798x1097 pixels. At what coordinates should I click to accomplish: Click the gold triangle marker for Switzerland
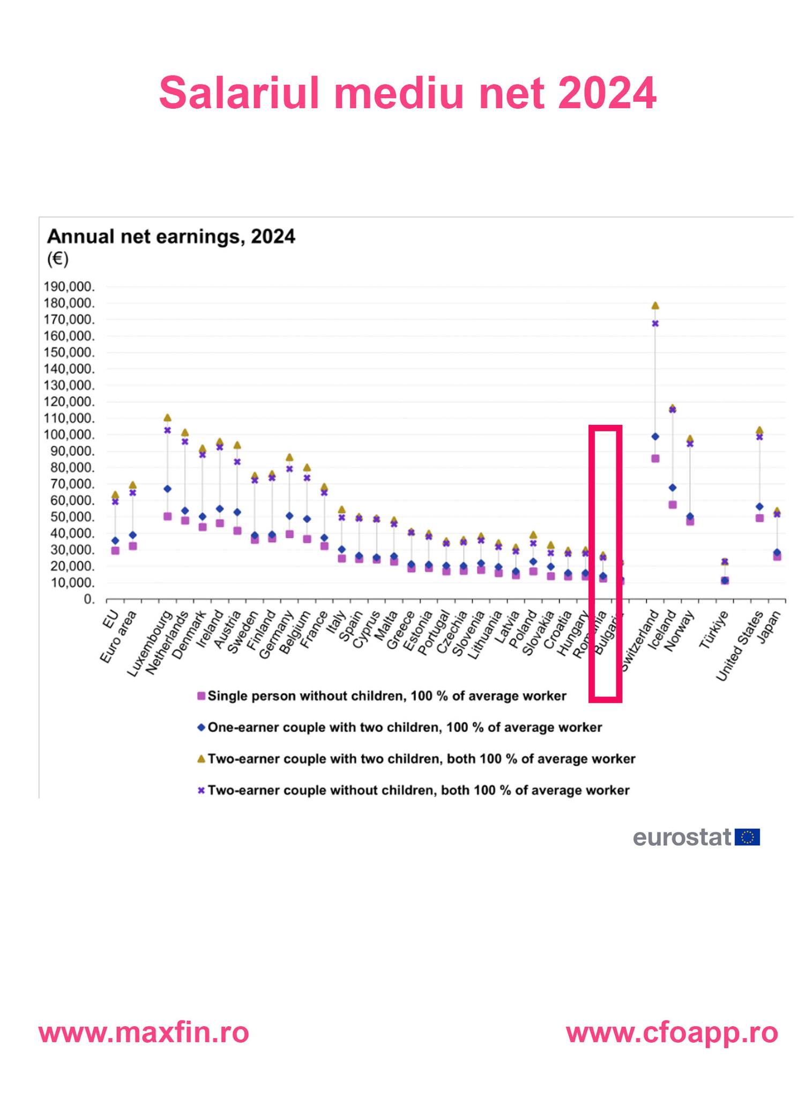[x=655, y=305]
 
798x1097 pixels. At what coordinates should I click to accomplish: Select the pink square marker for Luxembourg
[x=167, y=516]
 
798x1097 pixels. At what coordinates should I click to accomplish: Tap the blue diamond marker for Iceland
[x=673, y=487]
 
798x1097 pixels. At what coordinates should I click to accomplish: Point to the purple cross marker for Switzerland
[x=655, y=324]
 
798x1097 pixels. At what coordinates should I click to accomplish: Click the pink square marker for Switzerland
[x=655, y=459]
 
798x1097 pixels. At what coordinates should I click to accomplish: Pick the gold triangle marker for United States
[x=759, y=430]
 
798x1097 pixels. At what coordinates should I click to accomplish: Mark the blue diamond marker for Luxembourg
[x=167, y=489]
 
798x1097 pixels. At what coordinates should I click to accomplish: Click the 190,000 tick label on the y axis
[x=69, y=287]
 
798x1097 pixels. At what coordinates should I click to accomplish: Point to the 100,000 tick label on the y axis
[x=69, y=435]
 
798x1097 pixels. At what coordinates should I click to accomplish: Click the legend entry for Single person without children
[x=386, y=696]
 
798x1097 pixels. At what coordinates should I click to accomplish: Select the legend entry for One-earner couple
[x=404, y=727]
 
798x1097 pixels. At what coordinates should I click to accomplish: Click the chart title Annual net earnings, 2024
[x=171, y=236]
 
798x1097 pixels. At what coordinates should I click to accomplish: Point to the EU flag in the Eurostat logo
[x=747, y=837]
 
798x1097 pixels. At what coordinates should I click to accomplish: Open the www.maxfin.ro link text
[x=144, y=1032]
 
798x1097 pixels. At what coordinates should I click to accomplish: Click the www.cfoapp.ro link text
[x=672, y=1032]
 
